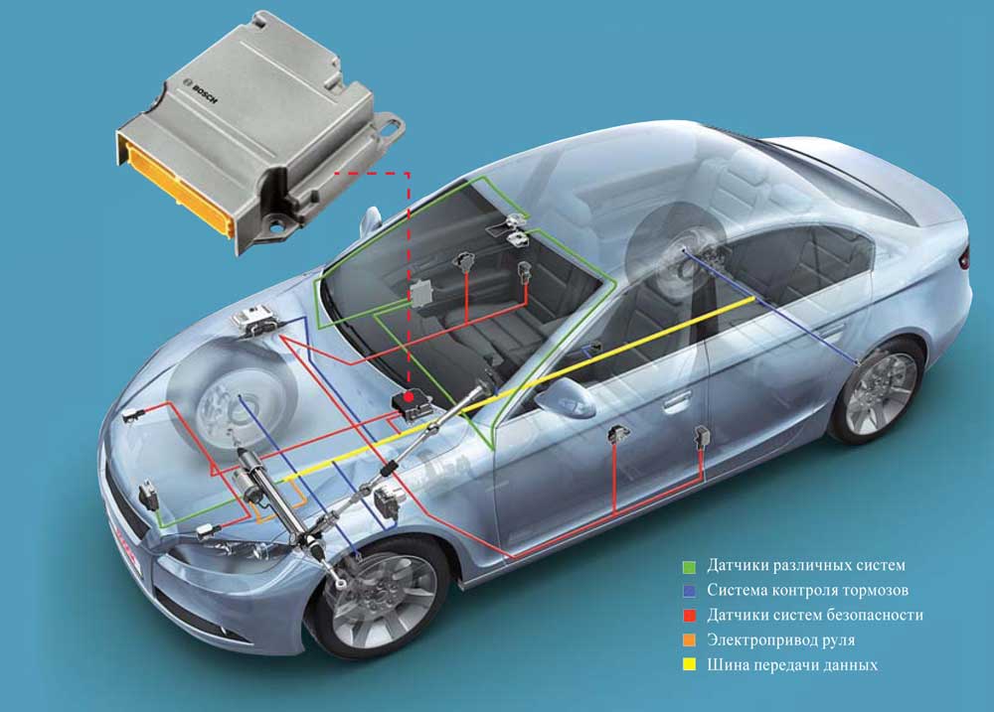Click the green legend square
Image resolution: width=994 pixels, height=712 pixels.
(x=690, y=566)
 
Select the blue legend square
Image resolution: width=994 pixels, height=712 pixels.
(x=690, y=591)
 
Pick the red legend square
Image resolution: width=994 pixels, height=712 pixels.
(x=690, y=616)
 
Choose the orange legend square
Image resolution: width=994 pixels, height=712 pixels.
(x=690, y=641)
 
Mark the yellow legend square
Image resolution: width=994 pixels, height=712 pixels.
(x=690, y=665)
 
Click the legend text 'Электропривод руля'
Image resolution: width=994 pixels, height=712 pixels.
(x=781, y=640)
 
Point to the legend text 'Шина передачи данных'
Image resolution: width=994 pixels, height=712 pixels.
(x=792, y=665)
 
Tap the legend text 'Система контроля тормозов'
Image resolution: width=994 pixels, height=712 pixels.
(x=807, y=591)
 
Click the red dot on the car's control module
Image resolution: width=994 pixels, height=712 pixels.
(x=409, y=397)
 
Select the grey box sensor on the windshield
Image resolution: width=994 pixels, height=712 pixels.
(x=420, y=293)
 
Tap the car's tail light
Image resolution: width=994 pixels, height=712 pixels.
(x=964, y=255)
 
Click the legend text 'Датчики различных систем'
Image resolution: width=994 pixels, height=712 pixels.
(x=806, y=565)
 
